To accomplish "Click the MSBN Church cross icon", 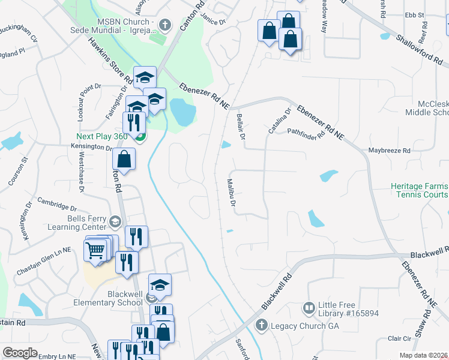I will pyautogui.click(x=167, y=25).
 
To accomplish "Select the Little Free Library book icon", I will pyautogui.click(x=309, y=308).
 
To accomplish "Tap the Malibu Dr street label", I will pyautogui.click(x=231, y=193).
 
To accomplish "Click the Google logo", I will pyautogui.click(x=20, y=352).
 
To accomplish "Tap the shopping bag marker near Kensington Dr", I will pyautogui.click(x=124, y=160).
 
